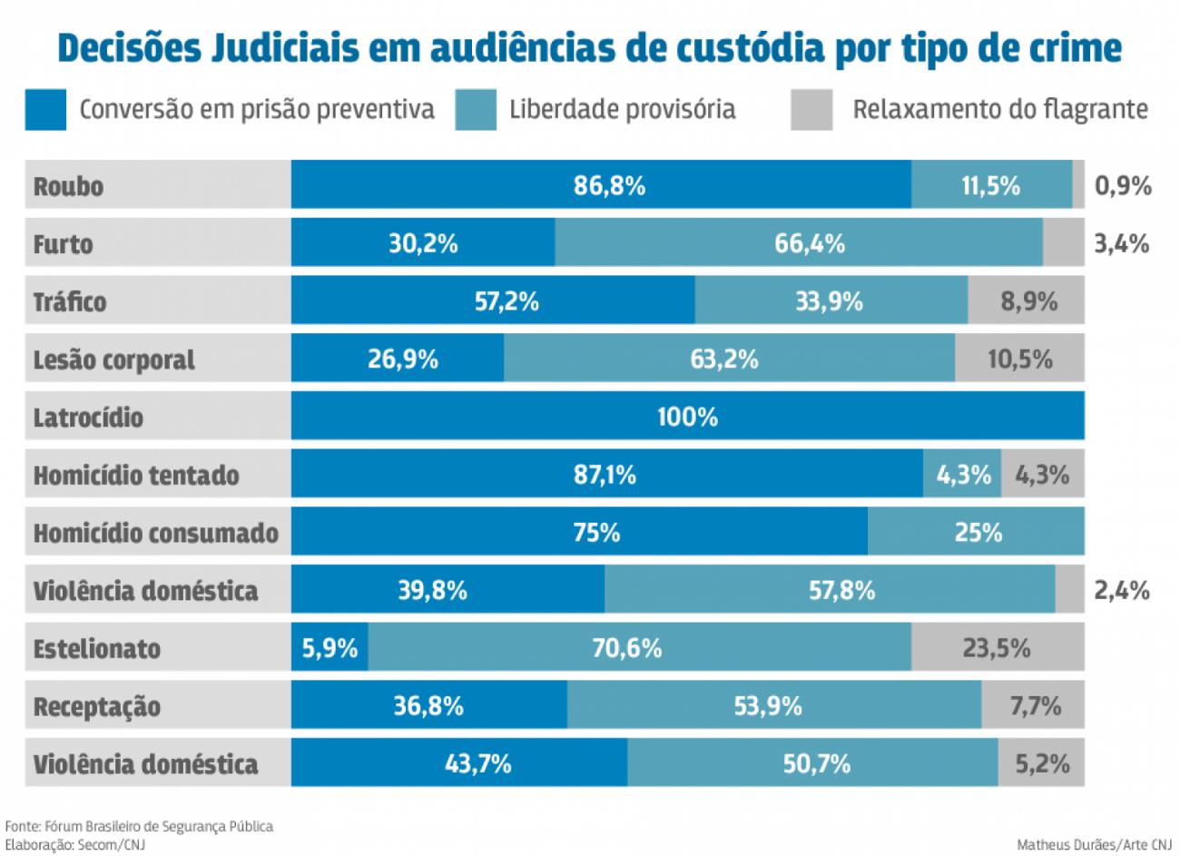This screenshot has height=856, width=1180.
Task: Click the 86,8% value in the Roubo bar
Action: coord(609,185)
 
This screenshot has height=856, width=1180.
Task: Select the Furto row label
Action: coord(63,243)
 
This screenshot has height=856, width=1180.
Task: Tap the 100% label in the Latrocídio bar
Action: coord(687,417)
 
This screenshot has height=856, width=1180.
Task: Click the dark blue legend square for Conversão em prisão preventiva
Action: coord(45,110)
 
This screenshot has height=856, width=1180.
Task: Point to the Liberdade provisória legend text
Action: coord(622,110)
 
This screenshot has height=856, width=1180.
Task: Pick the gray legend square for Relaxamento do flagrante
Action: coord(811,110)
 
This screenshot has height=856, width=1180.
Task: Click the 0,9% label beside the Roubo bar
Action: coord(1122,185)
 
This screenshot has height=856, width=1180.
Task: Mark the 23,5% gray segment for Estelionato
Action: coord(997,648)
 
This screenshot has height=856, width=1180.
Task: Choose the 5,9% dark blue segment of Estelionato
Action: coord(329,648)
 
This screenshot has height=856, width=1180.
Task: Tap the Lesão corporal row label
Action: coord(113,359)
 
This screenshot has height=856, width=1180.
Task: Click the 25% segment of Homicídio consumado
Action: coord(978,532)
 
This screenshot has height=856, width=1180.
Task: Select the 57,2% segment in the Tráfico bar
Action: coord(506,301)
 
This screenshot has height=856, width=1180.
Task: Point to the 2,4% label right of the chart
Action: coord(1121,590)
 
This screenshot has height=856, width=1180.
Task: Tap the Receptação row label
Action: coord(96,706)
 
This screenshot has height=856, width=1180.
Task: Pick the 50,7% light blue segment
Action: coord(816,763)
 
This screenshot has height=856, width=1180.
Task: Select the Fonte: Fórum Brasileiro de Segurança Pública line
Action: coord(139,826)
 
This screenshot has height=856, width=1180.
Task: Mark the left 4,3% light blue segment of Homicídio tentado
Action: coord(962,475)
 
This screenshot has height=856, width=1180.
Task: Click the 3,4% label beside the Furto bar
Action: coord(1121,243)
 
